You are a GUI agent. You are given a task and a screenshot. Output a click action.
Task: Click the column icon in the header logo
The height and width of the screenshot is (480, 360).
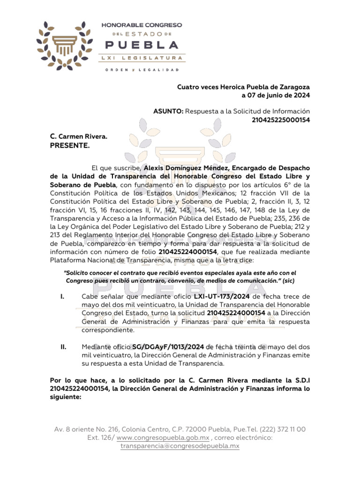click(66, 45)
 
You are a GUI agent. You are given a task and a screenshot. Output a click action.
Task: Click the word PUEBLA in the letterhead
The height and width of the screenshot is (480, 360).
click(142, 45)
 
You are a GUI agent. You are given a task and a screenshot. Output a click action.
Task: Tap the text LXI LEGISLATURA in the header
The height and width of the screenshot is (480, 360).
click(142, 58)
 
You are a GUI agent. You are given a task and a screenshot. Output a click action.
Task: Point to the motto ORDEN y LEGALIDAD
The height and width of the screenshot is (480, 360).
click(142, 70)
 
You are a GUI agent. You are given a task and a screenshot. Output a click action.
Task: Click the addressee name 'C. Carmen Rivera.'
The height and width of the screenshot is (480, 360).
click(79, 136)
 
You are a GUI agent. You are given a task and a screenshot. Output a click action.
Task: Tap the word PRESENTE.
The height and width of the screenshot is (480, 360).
click(70, 145)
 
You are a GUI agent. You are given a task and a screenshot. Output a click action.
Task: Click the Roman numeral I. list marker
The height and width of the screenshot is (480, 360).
click(62, 297)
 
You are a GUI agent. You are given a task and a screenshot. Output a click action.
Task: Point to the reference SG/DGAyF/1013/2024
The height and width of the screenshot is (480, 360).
click(168, 347)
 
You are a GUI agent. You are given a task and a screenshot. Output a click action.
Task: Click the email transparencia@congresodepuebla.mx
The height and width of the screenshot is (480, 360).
click(180, 446)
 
